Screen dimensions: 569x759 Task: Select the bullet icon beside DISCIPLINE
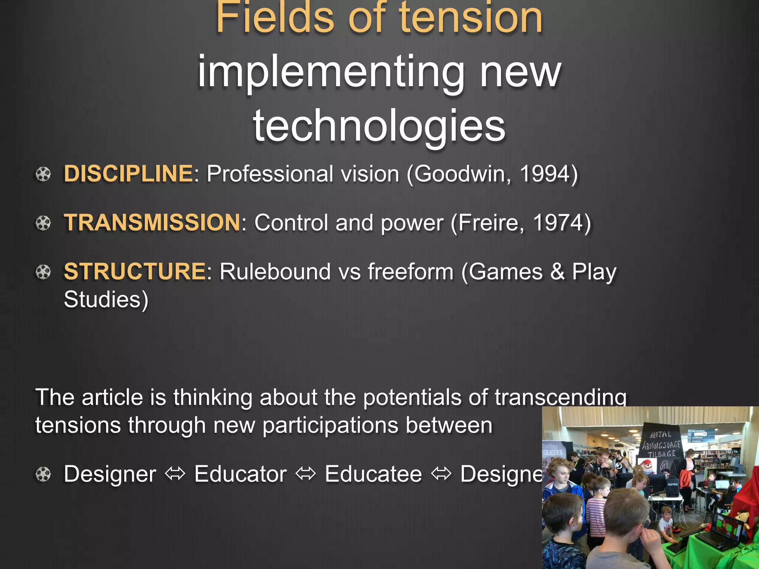[x=43, y=174]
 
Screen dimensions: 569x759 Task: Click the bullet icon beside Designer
[x=43, y=474]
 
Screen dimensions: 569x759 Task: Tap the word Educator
[x=241, y=474]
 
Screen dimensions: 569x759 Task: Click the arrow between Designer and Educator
[x=175, y=474]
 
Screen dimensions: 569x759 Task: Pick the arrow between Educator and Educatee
[x=306, y=474]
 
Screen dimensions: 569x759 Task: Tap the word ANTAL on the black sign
[x=660, y=434]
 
